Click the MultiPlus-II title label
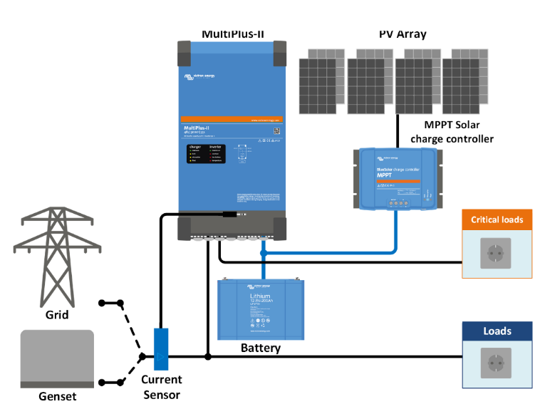click(x=234, y=33)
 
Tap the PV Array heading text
click(x=403, y=33)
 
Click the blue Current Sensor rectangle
click(x=161, y=348)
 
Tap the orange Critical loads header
click(x=497, y=219)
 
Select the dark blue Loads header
click(x=497, y=331)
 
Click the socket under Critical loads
click(x=496, y=254)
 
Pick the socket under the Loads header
click(x=496, y=365)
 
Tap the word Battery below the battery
click(x=261, y=348)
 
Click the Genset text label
click(x=57, y=396)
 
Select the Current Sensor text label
click(x=161, y=387)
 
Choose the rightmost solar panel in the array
click(x=464, y=82)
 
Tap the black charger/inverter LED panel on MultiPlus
click(x=207, y=153)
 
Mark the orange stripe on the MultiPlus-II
click(x=232, y=119)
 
